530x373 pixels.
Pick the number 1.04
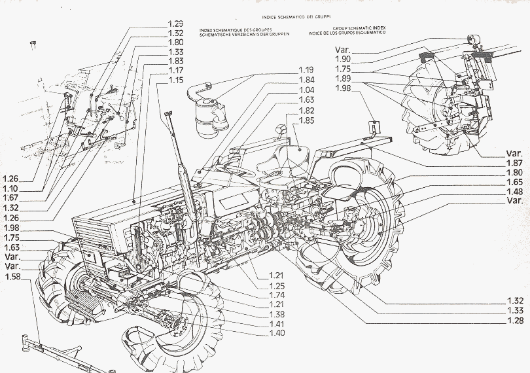tap(307, 90)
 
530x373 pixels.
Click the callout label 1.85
tap(307, 120)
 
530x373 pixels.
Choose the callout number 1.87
tap(514, 162)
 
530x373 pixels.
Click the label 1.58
tap(12, 277)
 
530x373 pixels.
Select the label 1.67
tap(10, 197)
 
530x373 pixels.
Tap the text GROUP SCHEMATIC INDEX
tap(361, 29)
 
